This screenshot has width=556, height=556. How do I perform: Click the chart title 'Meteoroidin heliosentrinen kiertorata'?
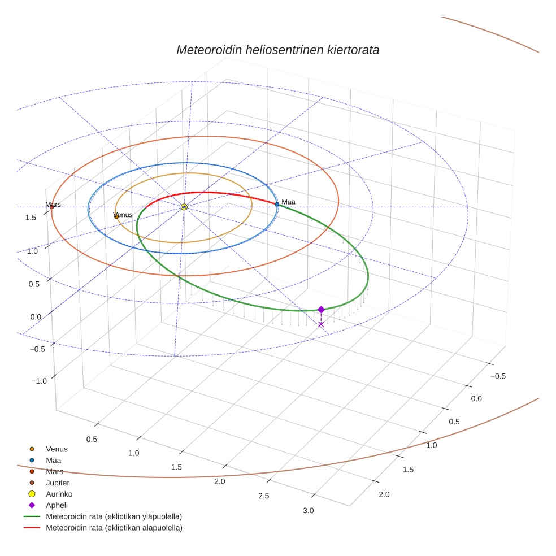coord(277,50)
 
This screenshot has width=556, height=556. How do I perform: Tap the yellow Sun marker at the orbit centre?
coord(184,207)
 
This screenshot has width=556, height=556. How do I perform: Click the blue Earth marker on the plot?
coord(277,204)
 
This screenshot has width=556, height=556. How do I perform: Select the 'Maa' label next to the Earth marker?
coord(288,202)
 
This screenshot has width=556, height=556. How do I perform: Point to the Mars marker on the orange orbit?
coord(52,207)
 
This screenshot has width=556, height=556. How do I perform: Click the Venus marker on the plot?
coord(116,216)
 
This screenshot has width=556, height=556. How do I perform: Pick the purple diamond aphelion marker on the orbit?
coord(321,310)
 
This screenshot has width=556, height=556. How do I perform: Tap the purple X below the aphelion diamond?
coord(321,324)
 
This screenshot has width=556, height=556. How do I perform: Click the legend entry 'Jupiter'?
coord(57,483)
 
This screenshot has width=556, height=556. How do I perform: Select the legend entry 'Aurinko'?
coord(59,494)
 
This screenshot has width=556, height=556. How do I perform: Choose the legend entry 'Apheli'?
coord(56,505)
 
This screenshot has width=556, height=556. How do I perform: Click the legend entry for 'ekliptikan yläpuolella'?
coord(114,516)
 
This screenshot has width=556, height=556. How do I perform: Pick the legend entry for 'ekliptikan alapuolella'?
coord(114,528)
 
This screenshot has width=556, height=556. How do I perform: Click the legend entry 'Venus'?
coord(57,449)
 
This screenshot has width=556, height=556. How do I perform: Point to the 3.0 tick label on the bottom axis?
coord(308,511)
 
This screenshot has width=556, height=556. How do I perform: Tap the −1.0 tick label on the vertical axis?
coord(38,381)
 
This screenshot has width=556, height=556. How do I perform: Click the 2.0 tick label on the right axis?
coord(384,495)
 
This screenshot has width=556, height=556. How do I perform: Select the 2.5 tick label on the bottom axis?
coord(264,496)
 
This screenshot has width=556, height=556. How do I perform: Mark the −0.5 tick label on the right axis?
coord(498,376)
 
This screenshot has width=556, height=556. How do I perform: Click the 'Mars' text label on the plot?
coord(53,204)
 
